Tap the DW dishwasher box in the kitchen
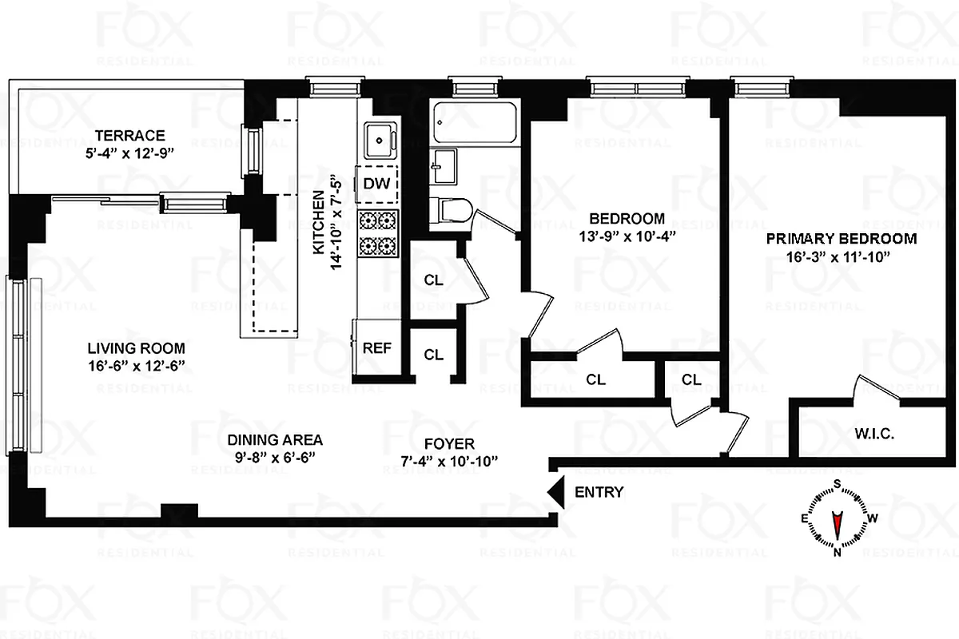point(376,183)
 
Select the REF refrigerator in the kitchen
point(376,347)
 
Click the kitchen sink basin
point(377,141)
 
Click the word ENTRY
point(599,493)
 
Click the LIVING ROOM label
point(136,348)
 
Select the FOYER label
point(450,443)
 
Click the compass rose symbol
point(838,518)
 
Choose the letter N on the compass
point(838,551)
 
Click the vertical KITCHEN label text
point(318,224)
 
